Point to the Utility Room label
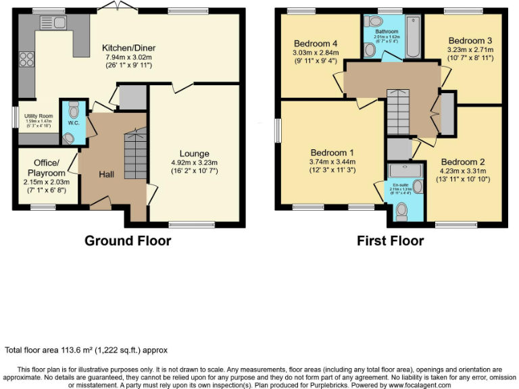(35, 116)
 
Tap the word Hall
(106, 174)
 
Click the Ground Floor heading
(127, 240)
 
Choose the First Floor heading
(390, 240)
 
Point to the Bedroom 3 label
(470, 40)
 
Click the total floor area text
(86, 350)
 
